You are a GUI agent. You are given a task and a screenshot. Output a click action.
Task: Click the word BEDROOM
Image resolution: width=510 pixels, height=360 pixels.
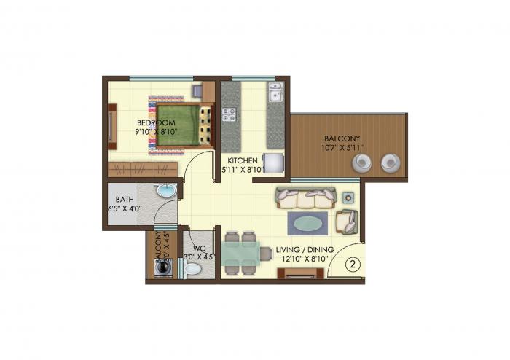[x=156, y=122]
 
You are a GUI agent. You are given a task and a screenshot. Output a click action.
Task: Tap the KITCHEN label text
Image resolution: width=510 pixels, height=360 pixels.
[x=241, y=160]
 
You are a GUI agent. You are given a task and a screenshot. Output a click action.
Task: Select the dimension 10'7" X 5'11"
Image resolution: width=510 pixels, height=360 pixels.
[x=342, y=148]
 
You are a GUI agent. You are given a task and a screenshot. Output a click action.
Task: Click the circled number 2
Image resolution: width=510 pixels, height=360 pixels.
[x=352, y=265]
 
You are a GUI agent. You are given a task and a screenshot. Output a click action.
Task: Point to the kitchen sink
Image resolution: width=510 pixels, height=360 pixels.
[x=275, y=94]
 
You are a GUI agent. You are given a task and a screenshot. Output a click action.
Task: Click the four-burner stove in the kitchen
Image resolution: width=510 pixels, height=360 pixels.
[x=229, y=114]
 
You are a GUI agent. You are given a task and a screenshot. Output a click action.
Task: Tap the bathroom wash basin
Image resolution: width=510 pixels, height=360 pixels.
[x=167, y=192]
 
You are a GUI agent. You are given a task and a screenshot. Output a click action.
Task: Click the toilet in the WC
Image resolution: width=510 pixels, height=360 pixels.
[x=192, y=270]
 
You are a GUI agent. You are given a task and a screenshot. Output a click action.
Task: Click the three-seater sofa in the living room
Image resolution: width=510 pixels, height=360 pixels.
[x=305, y=197]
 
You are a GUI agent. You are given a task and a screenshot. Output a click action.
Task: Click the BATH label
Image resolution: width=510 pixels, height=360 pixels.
[x=122, y=198]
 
